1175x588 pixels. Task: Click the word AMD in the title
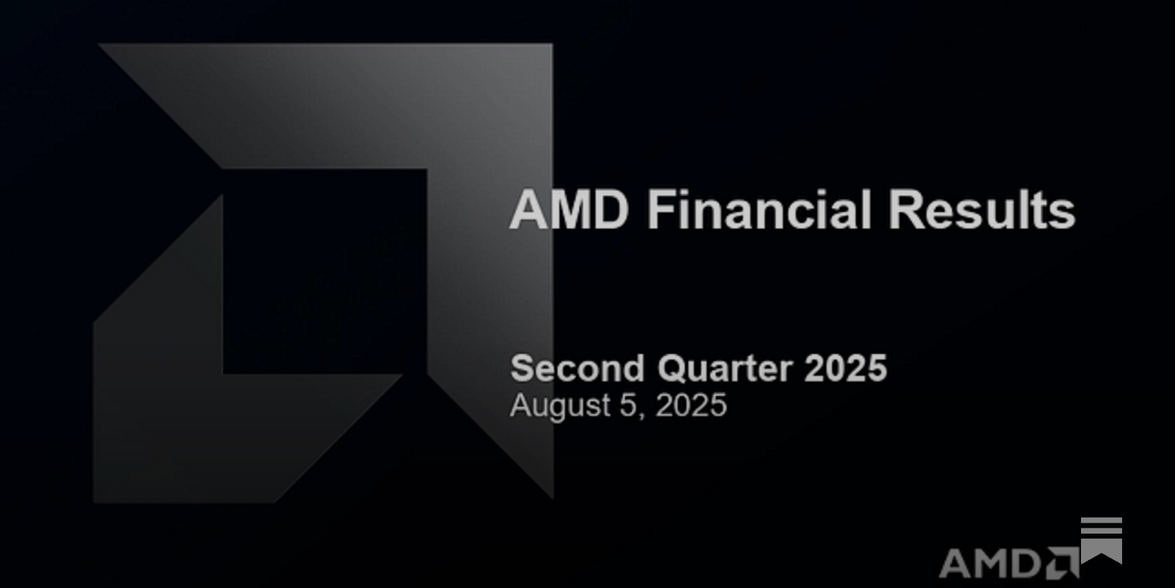(569, 209)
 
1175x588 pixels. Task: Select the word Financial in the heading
(759, 209)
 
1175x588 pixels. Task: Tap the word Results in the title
(982, 209)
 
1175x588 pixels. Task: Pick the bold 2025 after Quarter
(845, 368)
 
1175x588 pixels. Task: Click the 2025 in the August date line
(690, 406)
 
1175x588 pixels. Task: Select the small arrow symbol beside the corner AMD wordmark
(1063, 563)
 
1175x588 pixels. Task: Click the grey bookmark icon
(1102, 540)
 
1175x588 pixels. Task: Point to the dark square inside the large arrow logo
(324, 272)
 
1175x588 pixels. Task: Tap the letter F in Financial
(658, 209)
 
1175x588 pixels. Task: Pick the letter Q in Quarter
(671, 369)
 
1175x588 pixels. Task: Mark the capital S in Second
(521, 368)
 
